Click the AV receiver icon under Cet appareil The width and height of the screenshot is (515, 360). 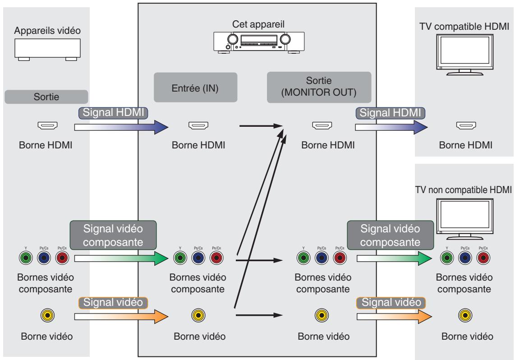[x=259, y=43]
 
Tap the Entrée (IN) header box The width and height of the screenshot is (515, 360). [x=195, y=88]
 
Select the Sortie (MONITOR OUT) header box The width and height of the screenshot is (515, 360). [x=319, y=87]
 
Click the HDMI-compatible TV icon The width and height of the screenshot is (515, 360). [x=465, y=55]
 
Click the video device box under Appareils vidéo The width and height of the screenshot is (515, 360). [x=47, y=50]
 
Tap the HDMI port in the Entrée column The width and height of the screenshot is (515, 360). [x=198, y=125]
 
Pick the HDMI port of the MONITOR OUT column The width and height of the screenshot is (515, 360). [x=322, y=125]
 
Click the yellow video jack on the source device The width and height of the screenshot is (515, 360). [x=48, y=315]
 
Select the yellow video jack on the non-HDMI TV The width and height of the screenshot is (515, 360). [x=465, y=315]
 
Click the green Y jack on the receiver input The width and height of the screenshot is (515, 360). [x=180, y=258]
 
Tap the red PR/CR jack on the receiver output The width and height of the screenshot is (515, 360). [x=340, y=258]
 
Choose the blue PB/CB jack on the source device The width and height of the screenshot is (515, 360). [x=44, y=258]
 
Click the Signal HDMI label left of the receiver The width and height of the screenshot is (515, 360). [x=113, y=113]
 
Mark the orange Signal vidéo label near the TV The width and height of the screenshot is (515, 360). [x=391, y=303]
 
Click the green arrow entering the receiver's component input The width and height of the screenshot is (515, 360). [x=121, y=258]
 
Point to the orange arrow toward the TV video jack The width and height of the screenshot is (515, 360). [x=394, y=316]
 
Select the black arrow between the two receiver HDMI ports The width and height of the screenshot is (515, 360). [x=261, y=126]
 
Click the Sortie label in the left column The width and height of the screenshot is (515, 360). [x=46, y=97]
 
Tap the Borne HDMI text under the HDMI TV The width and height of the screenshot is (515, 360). [x=466, y=145]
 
